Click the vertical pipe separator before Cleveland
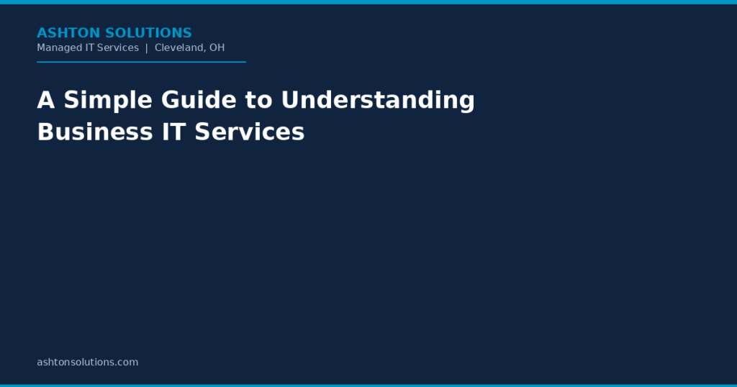tap(147, 48)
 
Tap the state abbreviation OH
tap(217, 47)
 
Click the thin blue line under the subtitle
tap(142, 62)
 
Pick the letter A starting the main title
tap(46, 100)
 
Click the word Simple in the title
tap(108, 101)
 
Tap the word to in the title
tap(258, 101)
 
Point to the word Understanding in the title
tap(378, 101)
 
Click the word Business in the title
tap(95, 132)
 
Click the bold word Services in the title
tap(250, 132)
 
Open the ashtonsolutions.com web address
tap(87, 362)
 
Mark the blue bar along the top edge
tap(368, 2)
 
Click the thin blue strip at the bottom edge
tap(368, 386)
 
